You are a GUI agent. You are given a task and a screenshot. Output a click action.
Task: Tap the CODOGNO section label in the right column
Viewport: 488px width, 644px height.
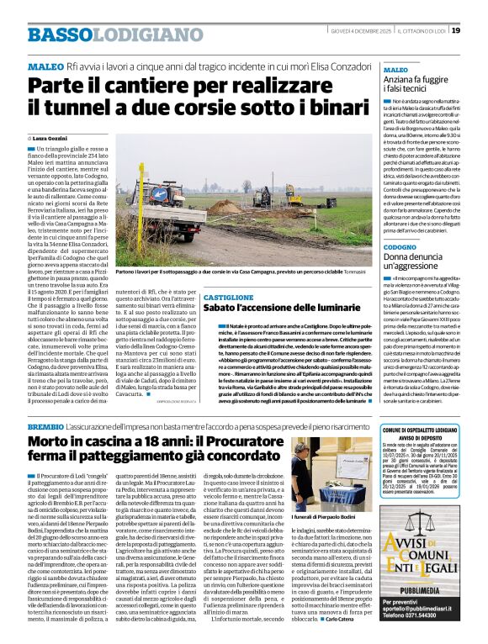(400, 247)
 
